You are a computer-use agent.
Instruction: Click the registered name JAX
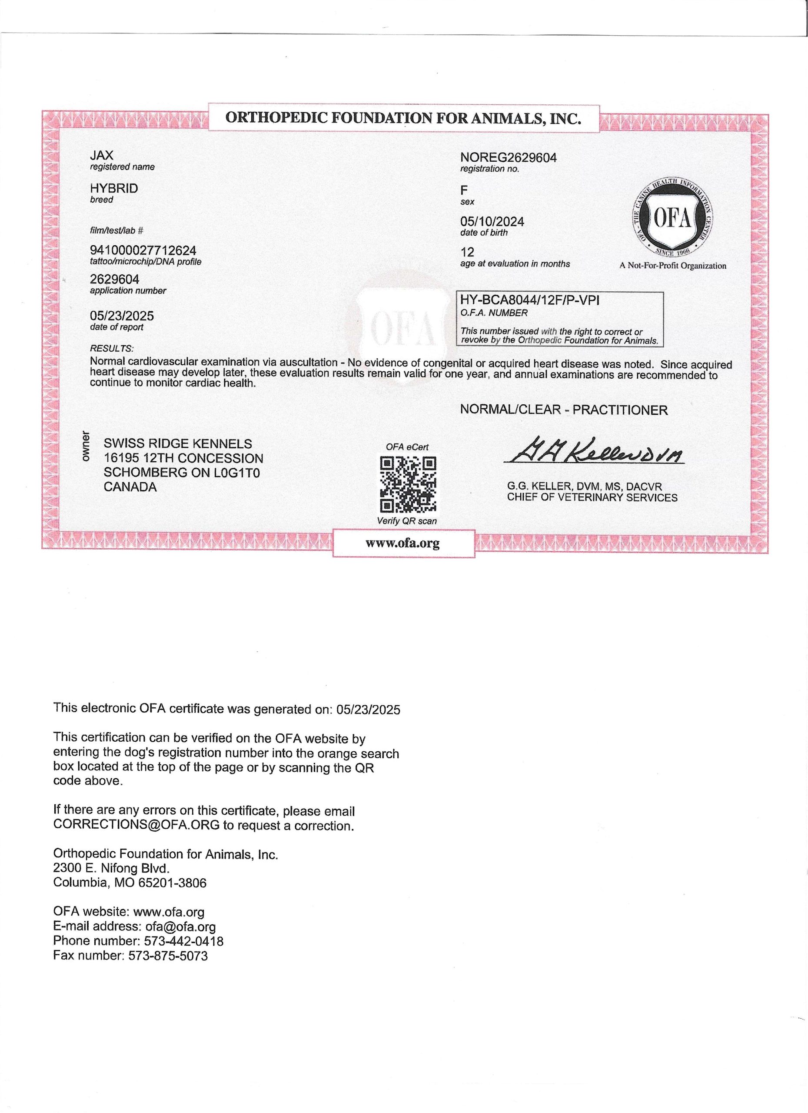[102, 156]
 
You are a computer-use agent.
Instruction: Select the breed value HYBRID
[114, 188]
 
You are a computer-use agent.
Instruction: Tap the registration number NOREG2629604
[508, 158]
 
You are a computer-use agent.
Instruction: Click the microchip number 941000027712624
[143, 251]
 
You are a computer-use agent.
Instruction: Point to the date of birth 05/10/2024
[492, 222]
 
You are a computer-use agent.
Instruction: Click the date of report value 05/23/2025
[122, 316]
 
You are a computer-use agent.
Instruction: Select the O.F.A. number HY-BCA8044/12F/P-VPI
[529, 300]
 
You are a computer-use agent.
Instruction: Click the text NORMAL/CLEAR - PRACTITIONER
[564, 410]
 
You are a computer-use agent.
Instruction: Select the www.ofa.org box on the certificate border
[403, 543]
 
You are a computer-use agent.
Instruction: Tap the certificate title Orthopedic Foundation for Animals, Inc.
[403, 118]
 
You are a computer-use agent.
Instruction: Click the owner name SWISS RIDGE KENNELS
[178, 443]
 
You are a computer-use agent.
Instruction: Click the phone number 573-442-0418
[183, 941]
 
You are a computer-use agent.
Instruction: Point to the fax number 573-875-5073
[168, 956]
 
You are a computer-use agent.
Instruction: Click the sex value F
[464, 190]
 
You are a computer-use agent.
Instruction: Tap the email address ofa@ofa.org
[180, 926]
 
